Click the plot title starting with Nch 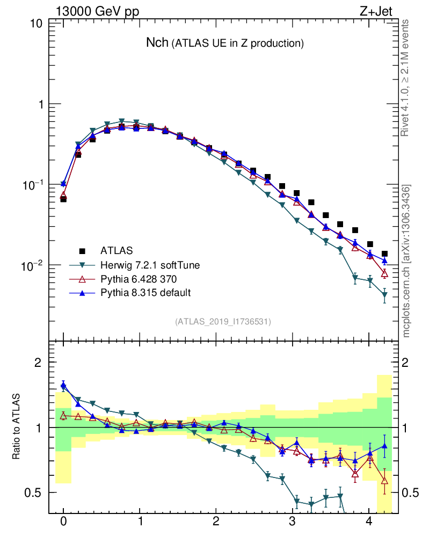coord(225,43)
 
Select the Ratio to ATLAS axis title coord(17,428)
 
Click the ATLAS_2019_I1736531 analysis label coord(223,321)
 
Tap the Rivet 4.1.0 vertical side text coord(406,77)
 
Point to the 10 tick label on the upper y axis coord(37,24)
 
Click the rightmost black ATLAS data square coord(384,254)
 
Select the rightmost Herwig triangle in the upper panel coord(384,295)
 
